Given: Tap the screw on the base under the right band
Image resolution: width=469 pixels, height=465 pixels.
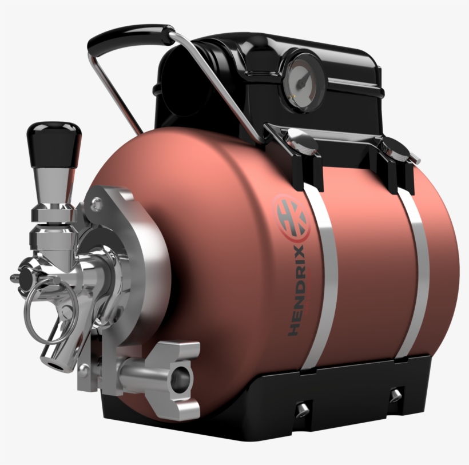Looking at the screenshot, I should [x=395, y=394].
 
